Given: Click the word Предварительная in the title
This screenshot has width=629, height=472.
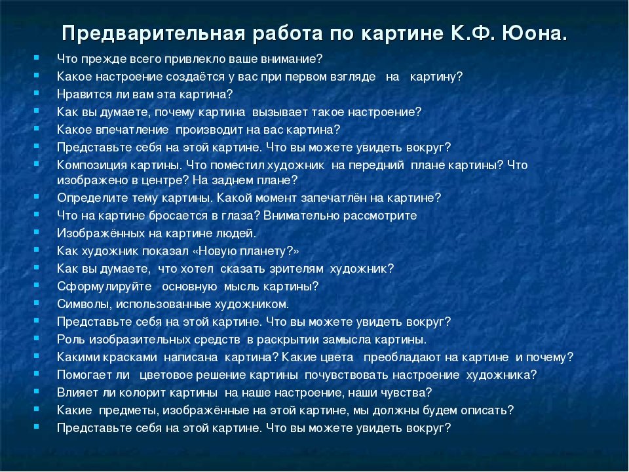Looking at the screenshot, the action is (x=153, y=33).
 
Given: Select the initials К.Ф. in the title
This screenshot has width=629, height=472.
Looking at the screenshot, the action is (x=473, y=33).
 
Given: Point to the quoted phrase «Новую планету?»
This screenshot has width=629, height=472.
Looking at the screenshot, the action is (x=246, y=251).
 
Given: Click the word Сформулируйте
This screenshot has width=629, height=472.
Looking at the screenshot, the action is (x=104, y=286).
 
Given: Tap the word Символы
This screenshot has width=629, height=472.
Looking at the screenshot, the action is (x=85, y=304).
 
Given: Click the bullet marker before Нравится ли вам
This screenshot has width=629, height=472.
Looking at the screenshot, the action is (x=37, y=92).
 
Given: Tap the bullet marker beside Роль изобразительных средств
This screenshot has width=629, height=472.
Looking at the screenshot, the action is (x=37, y=338).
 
